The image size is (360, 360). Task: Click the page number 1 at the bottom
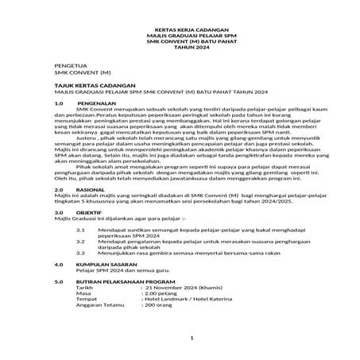click(x=180, y=340)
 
